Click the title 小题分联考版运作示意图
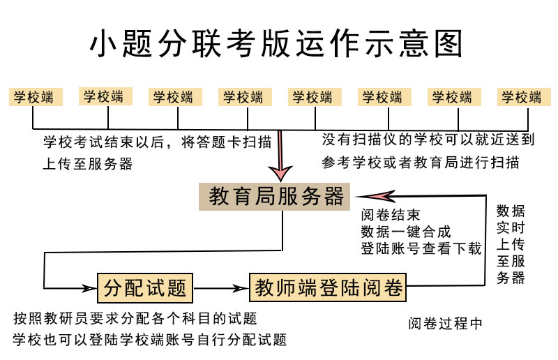click(x=277, y=43)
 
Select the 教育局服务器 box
click(x=277, y=197)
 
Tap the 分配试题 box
click(x=145, y=287)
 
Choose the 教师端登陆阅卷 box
click(x=329, y=287)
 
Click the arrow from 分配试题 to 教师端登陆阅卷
click(x=221, y=287)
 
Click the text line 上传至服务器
click(x=87, y=163)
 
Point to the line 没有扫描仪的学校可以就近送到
click(x=428, y=140)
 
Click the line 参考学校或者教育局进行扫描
click(x=421, y=162)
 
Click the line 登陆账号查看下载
click(x=421, y=248)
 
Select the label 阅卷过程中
click(x=445, y=323)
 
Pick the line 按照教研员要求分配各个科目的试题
click(x=135, y=319)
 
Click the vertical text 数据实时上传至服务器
click(x=511, y=244)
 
